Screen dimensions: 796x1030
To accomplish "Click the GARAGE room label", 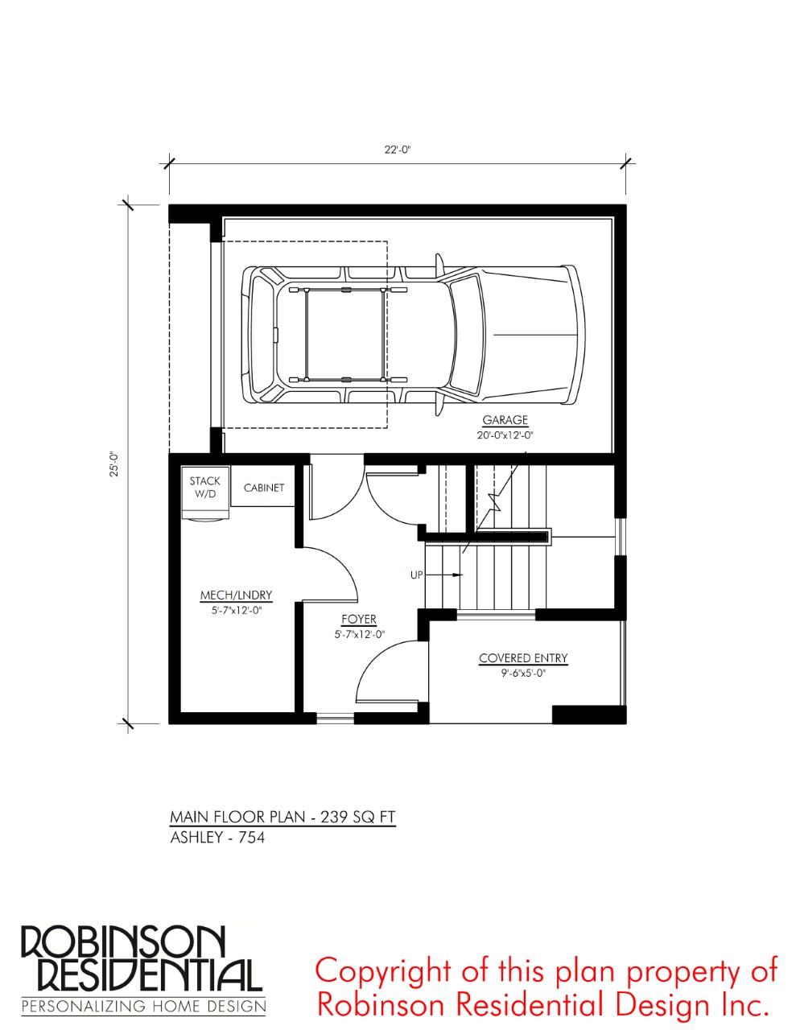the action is [x=505, y=420].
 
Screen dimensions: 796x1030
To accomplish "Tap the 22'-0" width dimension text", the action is [x=398, y=150].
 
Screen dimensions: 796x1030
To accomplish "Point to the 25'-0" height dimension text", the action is [x=113, y=463].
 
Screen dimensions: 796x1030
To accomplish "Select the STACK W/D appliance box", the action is [x=206, y=492].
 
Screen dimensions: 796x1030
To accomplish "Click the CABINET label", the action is [x=264, y=488].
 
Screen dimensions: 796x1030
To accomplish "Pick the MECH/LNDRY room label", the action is [x=236, y=595].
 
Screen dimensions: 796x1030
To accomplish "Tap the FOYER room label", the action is [x=359, y=619].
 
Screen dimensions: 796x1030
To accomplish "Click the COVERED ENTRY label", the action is [x=523, y=658].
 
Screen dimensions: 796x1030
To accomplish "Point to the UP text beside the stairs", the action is [x=416, y=575].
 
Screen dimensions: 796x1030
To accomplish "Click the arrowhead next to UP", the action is [x=457, y=575].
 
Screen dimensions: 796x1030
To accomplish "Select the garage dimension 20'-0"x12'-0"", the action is [x=505, y=435].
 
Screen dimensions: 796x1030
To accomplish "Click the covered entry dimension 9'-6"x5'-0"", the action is [x=523, y=673].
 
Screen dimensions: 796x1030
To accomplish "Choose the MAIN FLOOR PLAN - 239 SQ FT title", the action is [x=283, y=817].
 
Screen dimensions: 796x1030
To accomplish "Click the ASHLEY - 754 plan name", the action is [x=217, y=838].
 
